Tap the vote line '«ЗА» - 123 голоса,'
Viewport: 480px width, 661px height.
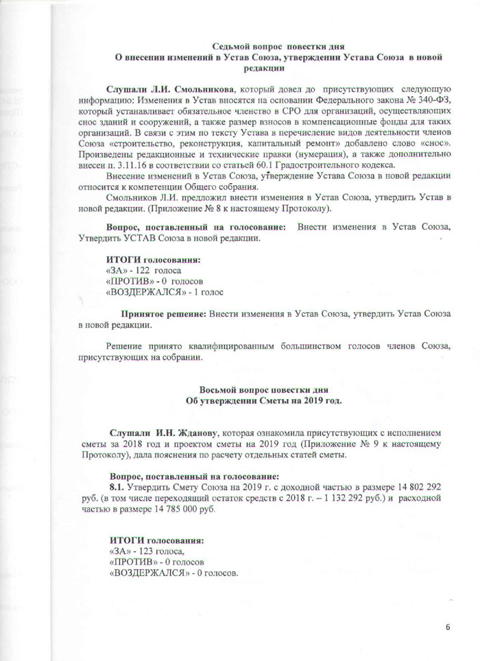click(145, 551)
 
